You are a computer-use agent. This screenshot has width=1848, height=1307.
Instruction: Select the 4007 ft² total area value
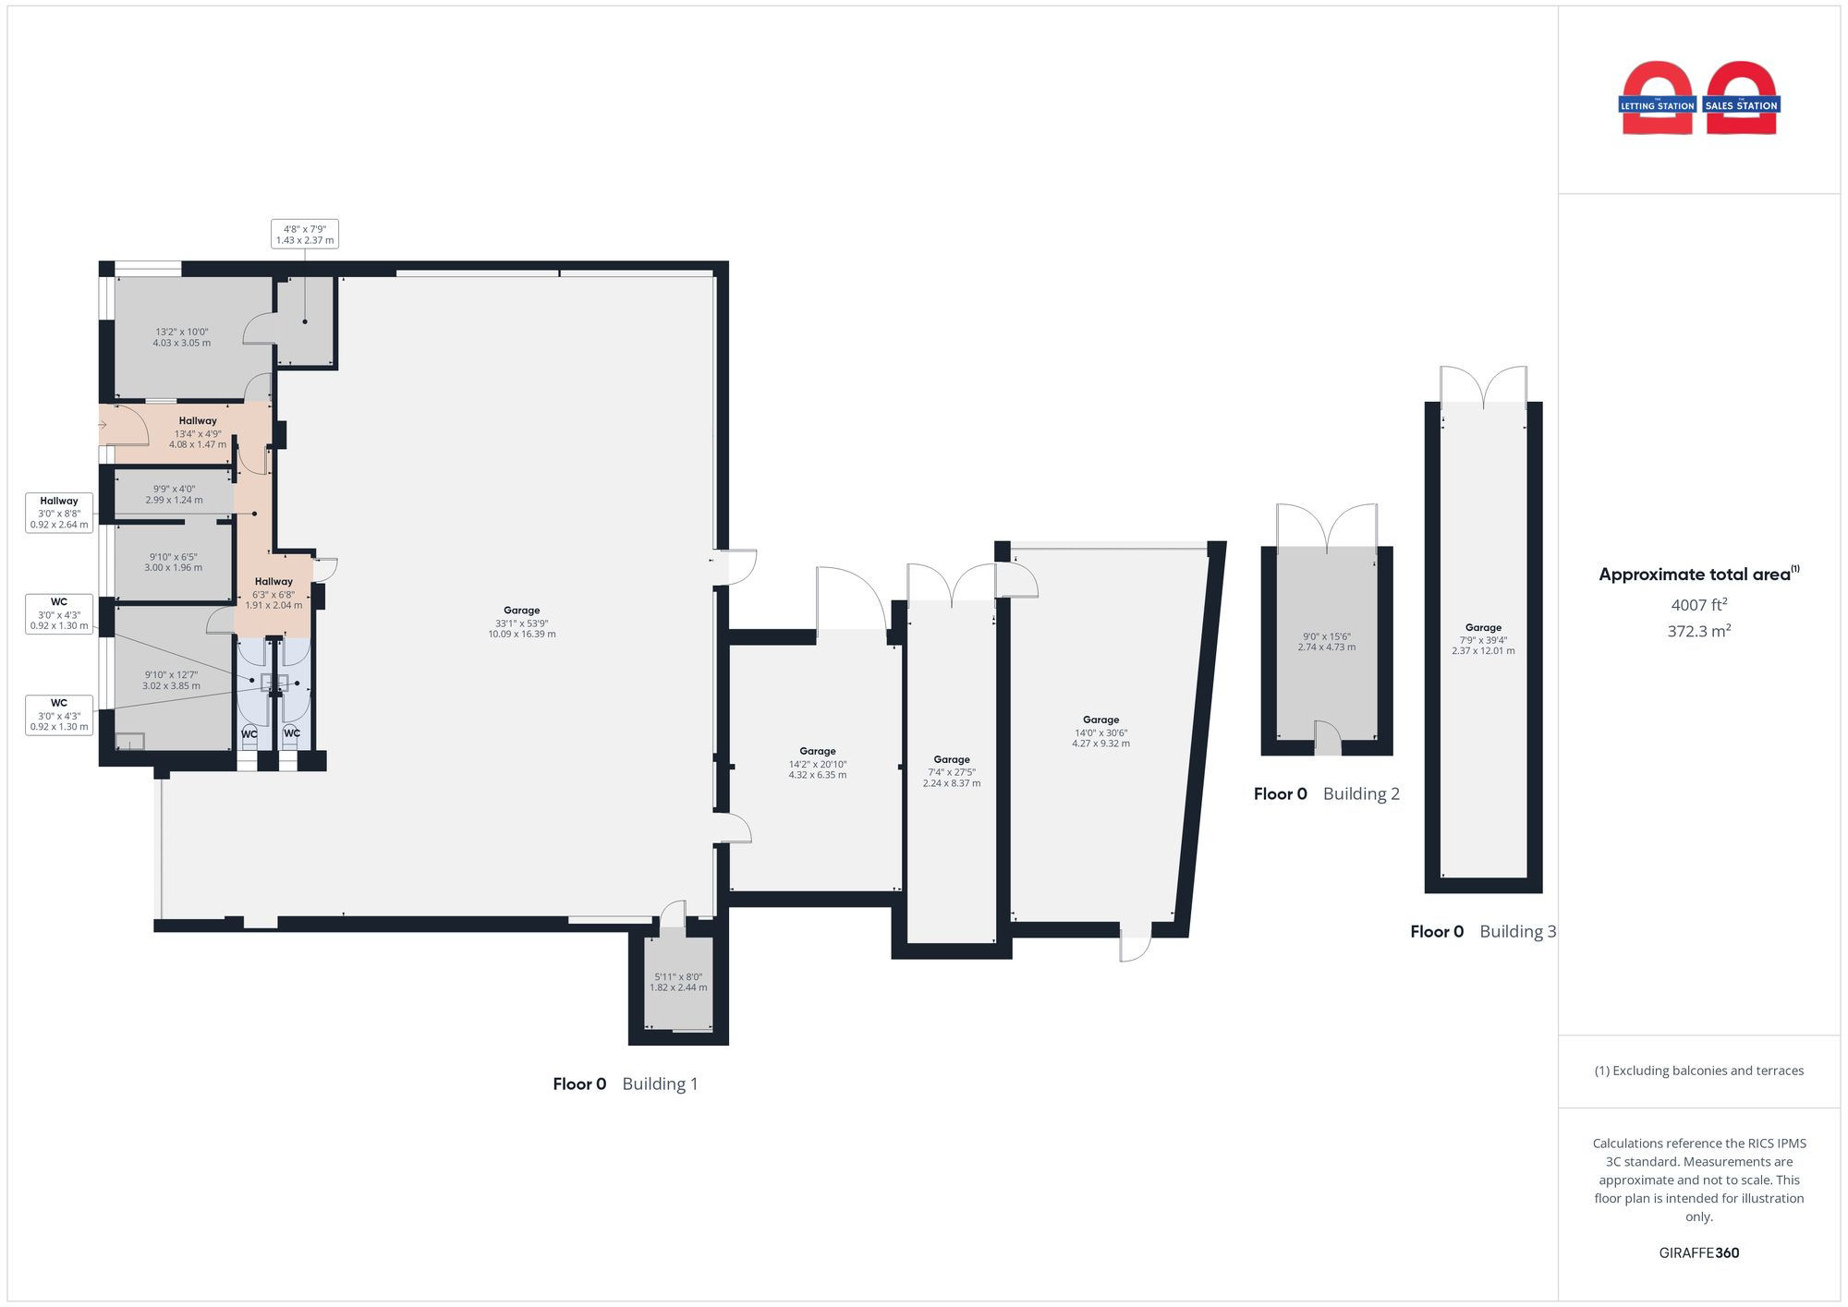[x=1698, y=605]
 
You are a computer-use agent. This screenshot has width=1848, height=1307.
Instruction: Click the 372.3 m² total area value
[x=1698, y=632]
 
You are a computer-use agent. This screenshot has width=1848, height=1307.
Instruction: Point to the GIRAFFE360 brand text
[x=1698, y=1253]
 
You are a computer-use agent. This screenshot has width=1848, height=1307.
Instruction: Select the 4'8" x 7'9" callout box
[x=305, y=235]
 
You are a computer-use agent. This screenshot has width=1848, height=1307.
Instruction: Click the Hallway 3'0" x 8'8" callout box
[x=59, y=513]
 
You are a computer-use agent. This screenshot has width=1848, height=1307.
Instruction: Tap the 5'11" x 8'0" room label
[x=678, y=982]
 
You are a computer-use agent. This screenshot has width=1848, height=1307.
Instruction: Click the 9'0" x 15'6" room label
[x=1326, y=642]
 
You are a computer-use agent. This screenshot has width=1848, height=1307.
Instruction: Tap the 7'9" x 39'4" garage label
[x=1483, y=639]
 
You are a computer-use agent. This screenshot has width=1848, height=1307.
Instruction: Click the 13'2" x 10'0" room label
[x=182, y=337]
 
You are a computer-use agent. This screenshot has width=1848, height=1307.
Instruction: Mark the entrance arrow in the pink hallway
[x=103, y=425]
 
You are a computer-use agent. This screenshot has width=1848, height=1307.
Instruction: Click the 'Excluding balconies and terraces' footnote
[x=1698, y=1071]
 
